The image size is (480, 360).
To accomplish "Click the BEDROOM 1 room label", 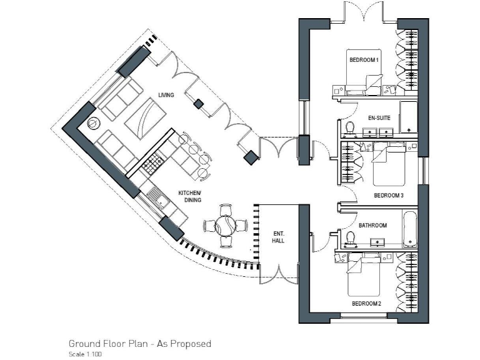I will (x=364, y=59).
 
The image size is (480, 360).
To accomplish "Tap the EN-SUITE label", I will (x=379, y=116).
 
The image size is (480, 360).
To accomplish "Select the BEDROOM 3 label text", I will (x=389, y=196).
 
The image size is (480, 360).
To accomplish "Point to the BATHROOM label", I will (x=372, y=226).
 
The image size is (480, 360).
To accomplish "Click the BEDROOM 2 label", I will (x=366, y=304).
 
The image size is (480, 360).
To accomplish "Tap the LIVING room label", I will (x=166, y=95).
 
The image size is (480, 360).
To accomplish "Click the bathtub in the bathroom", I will (x=410, y=230).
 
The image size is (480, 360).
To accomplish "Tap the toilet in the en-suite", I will (x=350, y=128).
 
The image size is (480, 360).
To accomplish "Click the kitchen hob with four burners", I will (x=152, y=165).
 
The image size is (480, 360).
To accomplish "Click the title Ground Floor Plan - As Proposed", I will (x=139, y=344).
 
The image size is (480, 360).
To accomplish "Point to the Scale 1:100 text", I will (x=86, y=354).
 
